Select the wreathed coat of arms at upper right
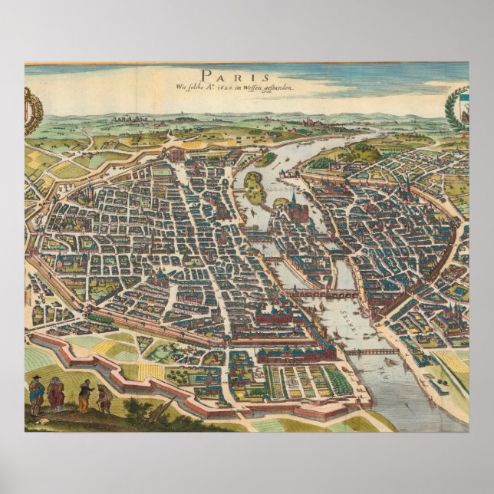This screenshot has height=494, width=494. [x=458, y=108]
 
